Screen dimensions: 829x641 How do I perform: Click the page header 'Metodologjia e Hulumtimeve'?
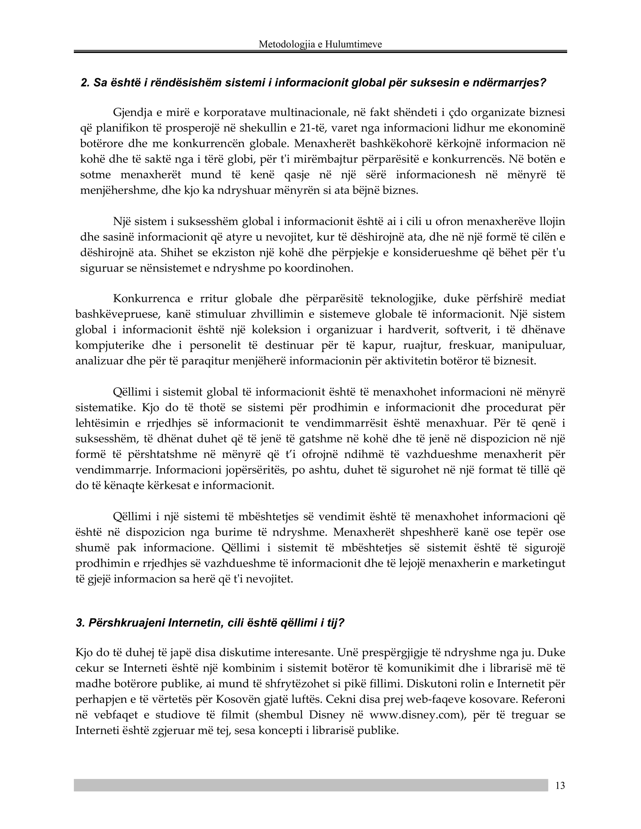coord(320,44)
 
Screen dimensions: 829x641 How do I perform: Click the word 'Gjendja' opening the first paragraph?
coord(132,112)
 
